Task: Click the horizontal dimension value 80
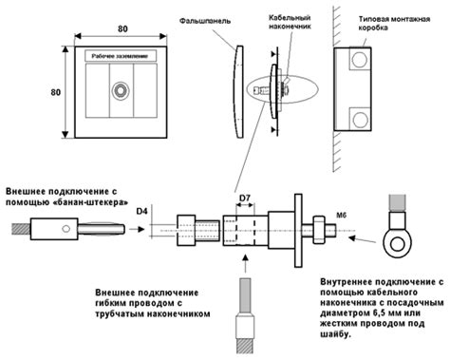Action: click(122, 28)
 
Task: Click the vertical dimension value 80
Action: click(56, 92)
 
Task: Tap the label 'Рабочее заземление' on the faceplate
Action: click(120, 56)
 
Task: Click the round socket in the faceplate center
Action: click(121, 91)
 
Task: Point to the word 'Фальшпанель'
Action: click(205, 21)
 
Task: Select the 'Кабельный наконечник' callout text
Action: click(290, 22)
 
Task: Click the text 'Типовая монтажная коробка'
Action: click(394, 23)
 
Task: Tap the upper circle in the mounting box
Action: click(360, 59)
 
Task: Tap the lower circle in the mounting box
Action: click(360, 120)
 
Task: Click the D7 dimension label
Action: click(245, 199)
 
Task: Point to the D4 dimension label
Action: click(142, 211)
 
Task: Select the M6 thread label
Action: click(341, 216)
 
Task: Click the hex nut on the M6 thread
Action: click(319, 230)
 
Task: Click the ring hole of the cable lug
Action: click(398, 244)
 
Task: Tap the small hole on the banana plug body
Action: click(66, 228)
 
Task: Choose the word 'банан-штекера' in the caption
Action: click(89, 202)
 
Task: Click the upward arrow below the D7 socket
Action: click(245, 262)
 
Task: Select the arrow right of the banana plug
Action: click(137, 229)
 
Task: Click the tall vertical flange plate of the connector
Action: click(298, 231)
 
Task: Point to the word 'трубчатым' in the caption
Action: click(120, 314)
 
